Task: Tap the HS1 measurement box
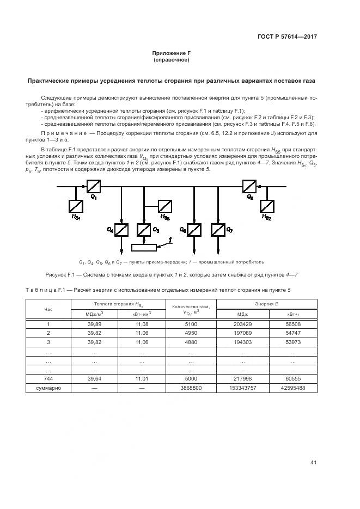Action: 76,206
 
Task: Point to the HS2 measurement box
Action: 266,206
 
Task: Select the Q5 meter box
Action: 144,230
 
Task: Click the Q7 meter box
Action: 218,230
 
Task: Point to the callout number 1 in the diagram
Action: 170,240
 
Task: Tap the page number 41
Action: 313,462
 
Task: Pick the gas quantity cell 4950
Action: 191,333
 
